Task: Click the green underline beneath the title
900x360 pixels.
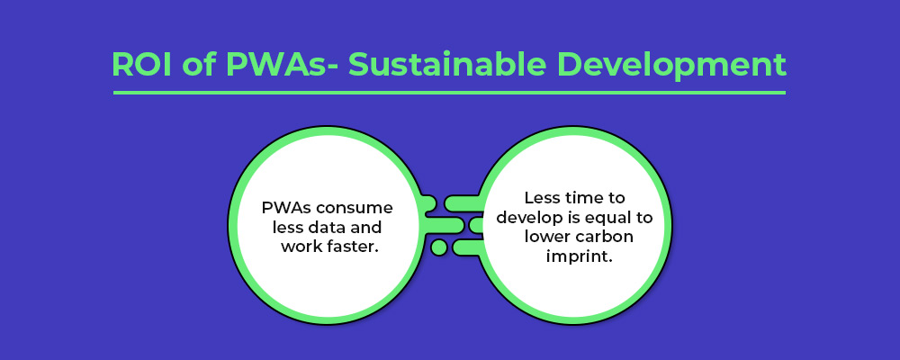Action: (449, 92)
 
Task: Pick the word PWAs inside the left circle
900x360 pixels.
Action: (283, 207)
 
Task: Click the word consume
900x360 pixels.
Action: (350, 209)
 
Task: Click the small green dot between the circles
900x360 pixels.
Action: (438, 247)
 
